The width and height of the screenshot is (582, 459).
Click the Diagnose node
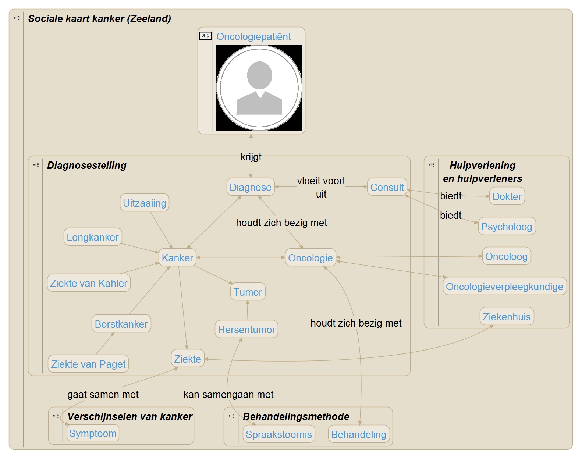click(x=250, y=187)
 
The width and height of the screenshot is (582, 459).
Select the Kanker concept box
click(x=177, y=258)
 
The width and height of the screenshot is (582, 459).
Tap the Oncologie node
click(x=310, y=258)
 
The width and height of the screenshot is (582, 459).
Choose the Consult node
click(x=387, y=187)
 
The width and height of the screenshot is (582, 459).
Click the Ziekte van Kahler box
click(x=89, y=283)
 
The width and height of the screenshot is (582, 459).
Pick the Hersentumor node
click(x=246, y=330)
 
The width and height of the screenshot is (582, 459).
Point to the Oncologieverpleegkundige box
click(x=504, y=287)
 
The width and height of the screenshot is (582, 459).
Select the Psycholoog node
click(x=507, y=227)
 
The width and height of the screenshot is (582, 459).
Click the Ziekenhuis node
click(x=507, y=317)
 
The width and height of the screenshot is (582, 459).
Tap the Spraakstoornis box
click(x=278, y=434)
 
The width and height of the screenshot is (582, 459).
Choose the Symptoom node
click(x=93, y=433)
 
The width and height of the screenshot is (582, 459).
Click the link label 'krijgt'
click(x=251, y=157)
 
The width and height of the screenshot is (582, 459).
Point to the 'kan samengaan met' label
click(x=228, y=395)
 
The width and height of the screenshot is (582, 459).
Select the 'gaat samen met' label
click(x=103, y=395)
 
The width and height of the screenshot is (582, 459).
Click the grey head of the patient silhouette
click(x=259, y=75)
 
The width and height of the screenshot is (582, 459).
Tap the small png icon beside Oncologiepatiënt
click(x=205, y=36)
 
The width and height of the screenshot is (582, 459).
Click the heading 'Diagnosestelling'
click(x=87, y=166)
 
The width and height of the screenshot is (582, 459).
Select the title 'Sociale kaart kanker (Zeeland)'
click(x=100, y=19)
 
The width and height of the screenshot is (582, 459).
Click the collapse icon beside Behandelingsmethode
click(x=231, y=416)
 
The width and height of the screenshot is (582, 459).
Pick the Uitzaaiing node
click(x=145, y=203)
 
